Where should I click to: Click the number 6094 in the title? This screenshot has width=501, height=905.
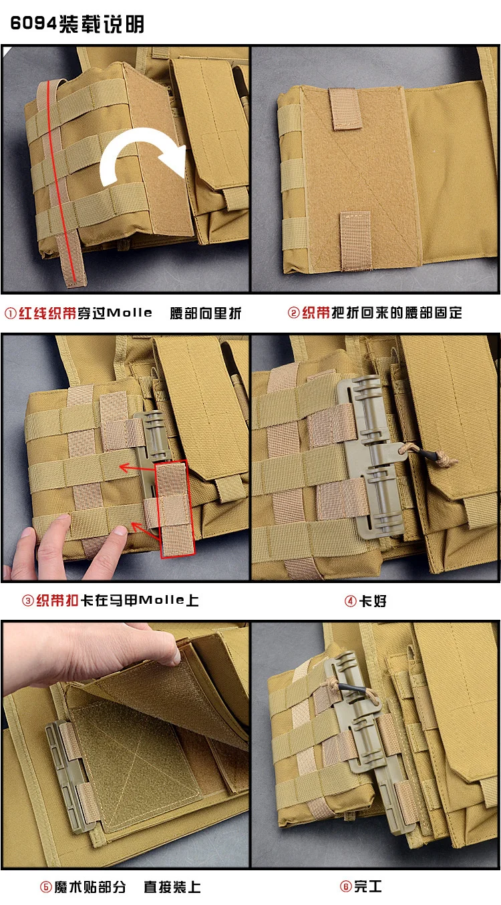tap(33, 23)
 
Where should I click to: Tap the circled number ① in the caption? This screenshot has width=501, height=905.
tap(11, 313)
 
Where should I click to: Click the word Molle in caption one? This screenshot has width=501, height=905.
tap(130, 313)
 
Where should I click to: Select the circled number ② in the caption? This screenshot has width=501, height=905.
tap(294, 313)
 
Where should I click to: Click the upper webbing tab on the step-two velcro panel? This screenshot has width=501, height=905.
tap(345, 109)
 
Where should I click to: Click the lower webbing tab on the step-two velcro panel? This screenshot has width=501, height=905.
tap(355, 240)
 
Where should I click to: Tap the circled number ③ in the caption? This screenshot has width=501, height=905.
tap(27, 601)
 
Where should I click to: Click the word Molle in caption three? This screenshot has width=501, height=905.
tap(162, 600)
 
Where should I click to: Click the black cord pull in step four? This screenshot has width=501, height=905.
tap(430, 455)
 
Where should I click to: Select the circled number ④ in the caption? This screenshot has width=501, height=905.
tap(350, 601)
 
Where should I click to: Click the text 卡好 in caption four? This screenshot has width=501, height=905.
tap(373, 601)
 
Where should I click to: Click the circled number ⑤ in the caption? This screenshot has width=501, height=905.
tap(45, 887)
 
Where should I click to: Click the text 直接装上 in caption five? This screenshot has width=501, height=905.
tap(172, 887)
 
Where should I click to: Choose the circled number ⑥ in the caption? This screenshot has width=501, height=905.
tap(346, 887)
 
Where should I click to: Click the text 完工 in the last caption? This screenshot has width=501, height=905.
tap(367, 887)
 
